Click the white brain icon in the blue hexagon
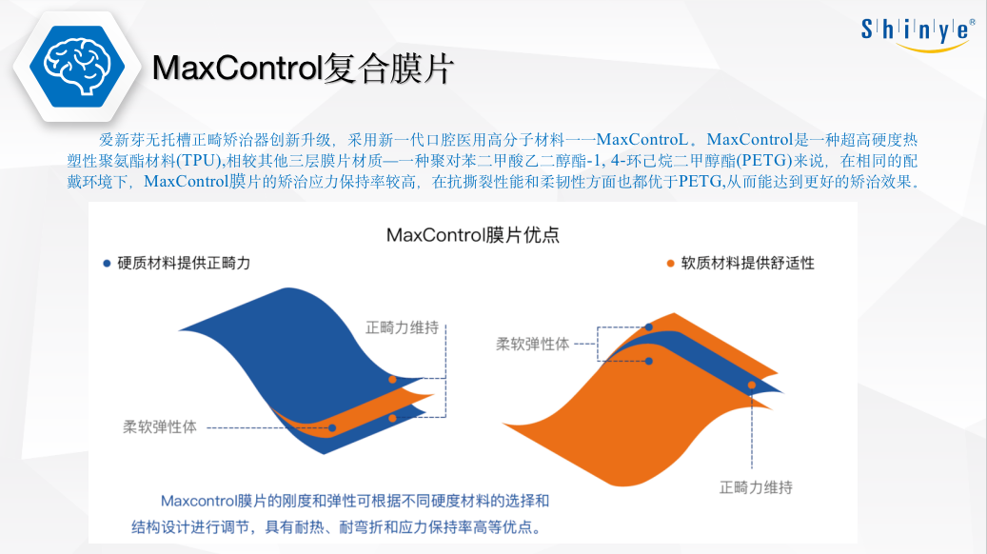77,66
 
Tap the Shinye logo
918,34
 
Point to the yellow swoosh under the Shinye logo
932,48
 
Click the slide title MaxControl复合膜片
303,68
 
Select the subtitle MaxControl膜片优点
473,235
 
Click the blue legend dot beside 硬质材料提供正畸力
107,263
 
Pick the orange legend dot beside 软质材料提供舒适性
670,263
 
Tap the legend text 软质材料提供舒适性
748,263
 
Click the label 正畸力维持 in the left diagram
402,327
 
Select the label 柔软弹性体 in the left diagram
160,426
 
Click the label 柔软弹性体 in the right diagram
533,344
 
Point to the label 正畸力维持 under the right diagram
756,487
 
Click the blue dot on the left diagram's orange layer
332,428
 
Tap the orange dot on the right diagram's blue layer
752,385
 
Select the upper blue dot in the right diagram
649,327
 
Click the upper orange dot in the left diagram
392,380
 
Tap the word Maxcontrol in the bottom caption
198,501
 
